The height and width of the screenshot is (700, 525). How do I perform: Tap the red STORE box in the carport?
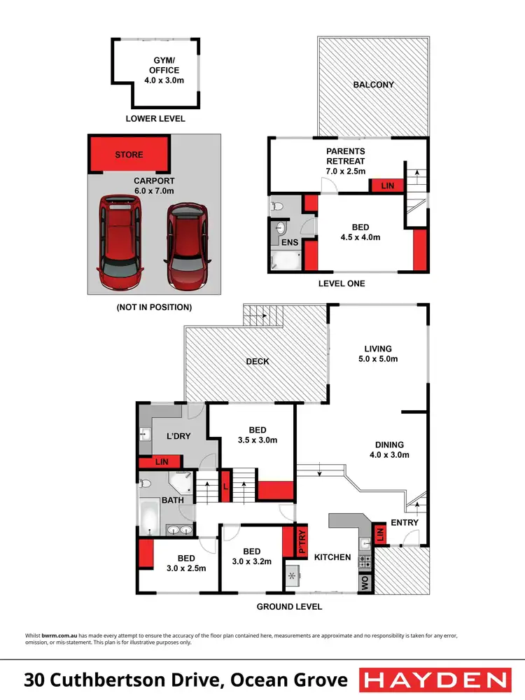(x=129, y=155)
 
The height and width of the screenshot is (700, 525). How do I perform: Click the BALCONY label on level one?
(x=373, y=85)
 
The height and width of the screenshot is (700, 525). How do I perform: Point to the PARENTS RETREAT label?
(x=346, y=160)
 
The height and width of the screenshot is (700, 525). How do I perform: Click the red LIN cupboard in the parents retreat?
(x=386, y=186)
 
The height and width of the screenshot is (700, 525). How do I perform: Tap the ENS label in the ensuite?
(x=290, y=243)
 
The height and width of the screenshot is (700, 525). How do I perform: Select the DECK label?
(x=258, y=361)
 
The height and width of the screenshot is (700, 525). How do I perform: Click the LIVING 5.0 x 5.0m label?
(x=377, y=353)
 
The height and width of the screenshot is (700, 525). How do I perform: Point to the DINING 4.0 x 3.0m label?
(x=388, y=449)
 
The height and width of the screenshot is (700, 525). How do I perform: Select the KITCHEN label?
(x=332, y=557)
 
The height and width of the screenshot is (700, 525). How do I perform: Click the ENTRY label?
(x=405, y=522)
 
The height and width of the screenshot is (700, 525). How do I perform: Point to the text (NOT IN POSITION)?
(x=153, y=307)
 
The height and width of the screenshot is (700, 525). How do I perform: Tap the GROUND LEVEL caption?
(x=289, y=607)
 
